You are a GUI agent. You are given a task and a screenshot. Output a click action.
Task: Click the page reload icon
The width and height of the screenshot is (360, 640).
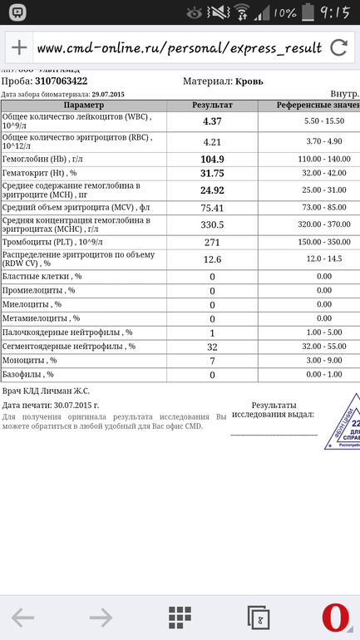pos(338,47)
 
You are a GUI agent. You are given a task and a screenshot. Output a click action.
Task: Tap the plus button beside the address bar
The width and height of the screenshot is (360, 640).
pos(18,47)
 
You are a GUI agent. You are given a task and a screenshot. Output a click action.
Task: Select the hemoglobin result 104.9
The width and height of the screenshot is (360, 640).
pos(212,159)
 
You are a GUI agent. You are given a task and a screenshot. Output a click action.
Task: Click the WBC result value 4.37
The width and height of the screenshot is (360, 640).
pos(212,121)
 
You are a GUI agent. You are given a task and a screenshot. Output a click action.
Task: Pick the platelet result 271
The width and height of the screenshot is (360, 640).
pos(212,242)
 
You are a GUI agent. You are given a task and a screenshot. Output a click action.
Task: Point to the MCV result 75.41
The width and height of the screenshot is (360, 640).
pos(212,208)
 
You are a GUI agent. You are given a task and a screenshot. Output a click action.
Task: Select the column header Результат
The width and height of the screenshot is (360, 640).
pos(212,106)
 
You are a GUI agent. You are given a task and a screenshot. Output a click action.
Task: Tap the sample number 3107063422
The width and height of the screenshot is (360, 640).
pos(61,81)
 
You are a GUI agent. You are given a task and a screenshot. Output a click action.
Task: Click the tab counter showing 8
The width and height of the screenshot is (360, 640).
pos(259,618)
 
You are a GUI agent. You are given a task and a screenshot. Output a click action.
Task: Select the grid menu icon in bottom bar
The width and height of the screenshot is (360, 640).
pos(180,617)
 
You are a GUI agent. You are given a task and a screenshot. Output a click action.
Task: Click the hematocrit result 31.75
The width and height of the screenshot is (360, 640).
pos(212,173)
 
